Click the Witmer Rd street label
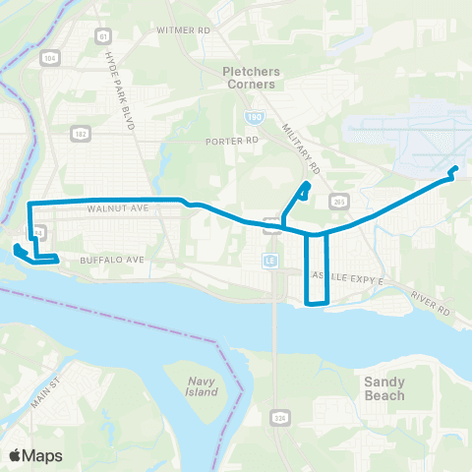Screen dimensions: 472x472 tap(184, 30)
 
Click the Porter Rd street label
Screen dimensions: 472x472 tap(231, 141)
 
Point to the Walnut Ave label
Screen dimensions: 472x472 tap(117, 209)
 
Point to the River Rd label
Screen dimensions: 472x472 tap(430, 305)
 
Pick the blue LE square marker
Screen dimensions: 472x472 tap(268, 261)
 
